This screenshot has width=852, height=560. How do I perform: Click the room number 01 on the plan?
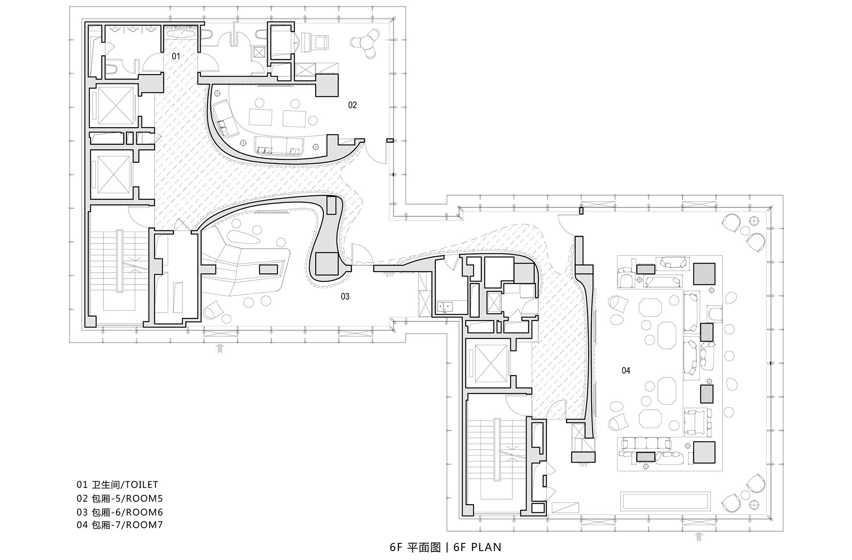[176, 56]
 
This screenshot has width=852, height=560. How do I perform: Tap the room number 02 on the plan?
[352, 105]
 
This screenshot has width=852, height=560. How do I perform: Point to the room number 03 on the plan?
[345, 296]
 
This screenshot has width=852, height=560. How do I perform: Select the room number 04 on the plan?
[626, 370]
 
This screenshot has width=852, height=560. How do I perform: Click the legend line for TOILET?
[117, 485]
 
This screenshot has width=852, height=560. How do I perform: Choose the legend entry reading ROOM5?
[120, 498]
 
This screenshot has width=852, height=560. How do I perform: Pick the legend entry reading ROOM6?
[120, 512]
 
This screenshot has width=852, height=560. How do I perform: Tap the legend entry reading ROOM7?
[120, 525]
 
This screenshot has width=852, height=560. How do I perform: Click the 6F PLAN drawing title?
[445, 547]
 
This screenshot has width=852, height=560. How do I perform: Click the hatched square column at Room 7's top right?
[704, 274]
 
